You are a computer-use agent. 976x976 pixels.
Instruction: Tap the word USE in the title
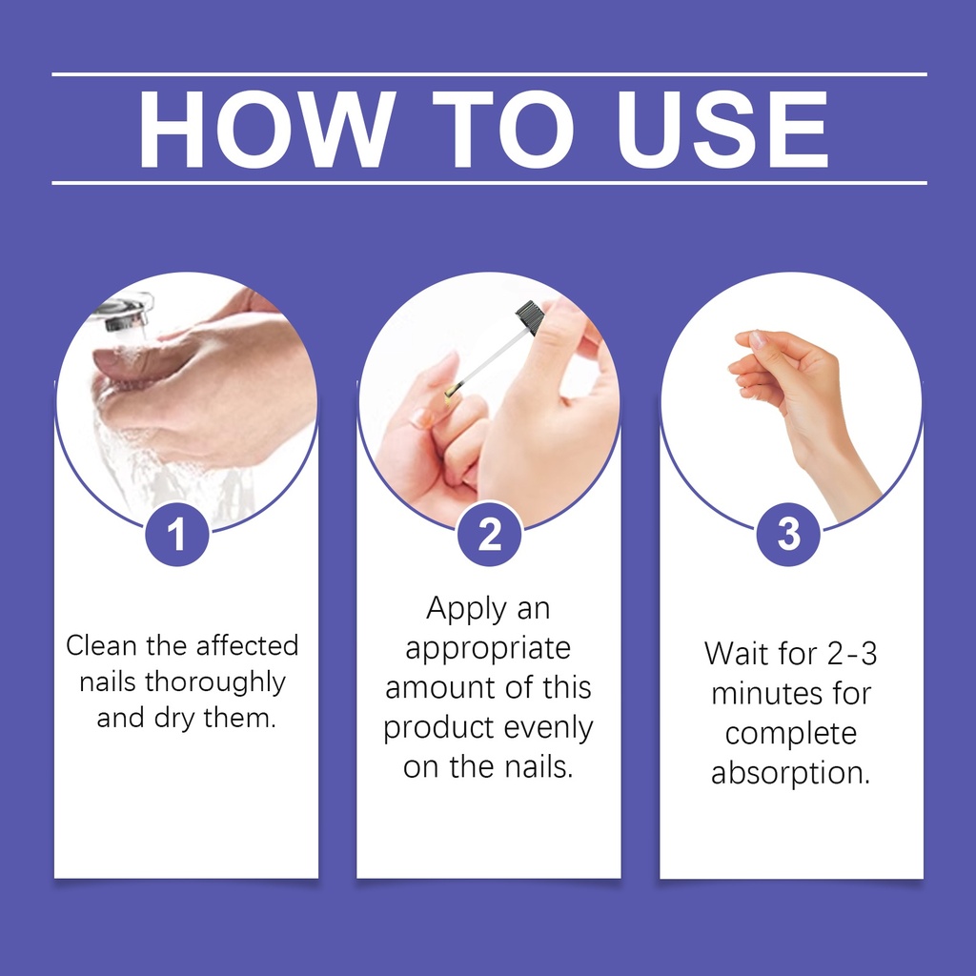(722, 129)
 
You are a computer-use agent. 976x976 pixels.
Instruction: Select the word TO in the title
(503, 129)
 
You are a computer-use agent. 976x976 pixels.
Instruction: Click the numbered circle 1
(176, 534)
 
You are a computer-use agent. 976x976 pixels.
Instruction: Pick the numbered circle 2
(489, 534)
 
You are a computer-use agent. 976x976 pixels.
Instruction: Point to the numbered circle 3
(788, 534)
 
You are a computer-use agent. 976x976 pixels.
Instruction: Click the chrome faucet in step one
(125, 313)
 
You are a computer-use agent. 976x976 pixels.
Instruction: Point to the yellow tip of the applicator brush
(451, 391)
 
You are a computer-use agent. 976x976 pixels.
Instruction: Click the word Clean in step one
(101, 645)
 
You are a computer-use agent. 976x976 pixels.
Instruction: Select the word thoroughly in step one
(214, 682)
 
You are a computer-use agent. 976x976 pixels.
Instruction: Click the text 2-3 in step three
(852, 654)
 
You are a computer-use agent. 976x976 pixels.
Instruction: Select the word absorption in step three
(790, 774)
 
